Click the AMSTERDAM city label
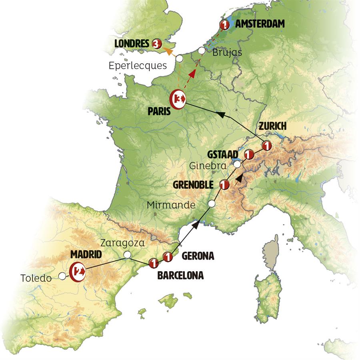point(260,24)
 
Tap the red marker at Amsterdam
point(225,25)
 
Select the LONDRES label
point(132,43)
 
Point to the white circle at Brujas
point(202,51)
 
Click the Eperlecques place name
point(138,66)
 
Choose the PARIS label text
point(158,112)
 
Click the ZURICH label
point(272,126)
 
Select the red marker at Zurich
point(266,145)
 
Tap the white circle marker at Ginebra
point(237,164)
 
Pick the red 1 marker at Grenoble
point(224,184)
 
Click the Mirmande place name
point(171,205)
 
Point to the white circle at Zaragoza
point(127,254)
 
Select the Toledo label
point(36,278)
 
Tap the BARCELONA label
point(180,275)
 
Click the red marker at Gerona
point(168,257)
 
